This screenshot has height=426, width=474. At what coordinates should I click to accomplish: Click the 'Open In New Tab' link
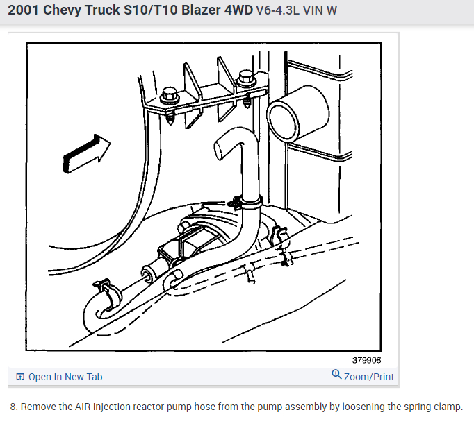65,377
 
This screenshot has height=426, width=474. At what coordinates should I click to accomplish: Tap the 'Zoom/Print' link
368,377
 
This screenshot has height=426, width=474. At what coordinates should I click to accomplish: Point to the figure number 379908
366,360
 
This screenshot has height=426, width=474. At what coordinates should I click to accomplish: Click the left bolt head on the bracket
169,93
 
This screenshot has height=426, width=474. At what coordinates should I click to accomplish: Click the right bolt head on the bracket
245,77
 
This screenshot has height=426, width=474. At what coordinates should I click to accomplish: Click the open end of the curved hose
221,146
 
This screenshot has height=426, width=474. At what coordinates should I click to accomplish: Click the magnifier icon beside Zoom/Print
336,375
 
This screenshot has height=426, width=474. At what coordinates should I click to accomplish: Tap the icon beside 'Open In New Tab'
20,377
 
